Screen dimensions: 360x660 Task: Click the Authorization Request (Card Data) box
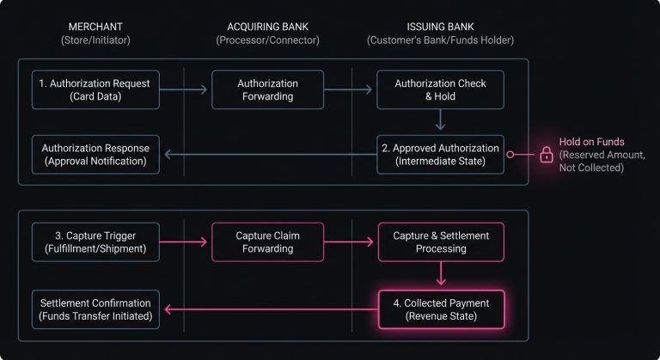[95, 90]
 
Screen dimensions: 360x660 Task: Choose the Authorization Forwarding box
[267, 90]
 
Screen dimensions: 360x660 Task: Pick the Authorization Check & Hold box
[440, 90]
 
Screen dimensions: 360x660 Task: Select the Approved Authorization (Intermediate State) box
[440, 155]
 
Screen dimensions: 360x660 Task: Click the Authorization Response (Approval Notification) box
[95, 155]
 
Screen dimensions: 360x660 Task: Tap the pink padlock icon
[546, 155]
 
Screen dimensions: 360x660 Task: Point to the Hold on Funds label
[592, 141]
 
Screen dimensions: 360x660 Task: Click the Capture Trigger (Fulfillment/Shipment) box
[95, 241]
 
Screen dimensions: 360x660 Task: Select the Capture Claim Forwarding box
[267, 241]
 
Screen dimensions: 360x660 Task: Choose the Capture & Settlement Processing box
[440, 241]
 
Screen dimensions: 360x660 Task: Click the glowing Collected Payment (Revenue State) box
[440, 308]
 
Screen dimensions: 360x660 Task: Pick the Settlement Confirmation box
[95, 308]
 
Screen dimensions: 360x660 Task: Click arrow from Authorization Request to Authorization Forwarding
[185, 90]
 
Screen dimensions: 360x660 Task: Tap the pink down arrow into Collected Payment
[440, 275]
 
